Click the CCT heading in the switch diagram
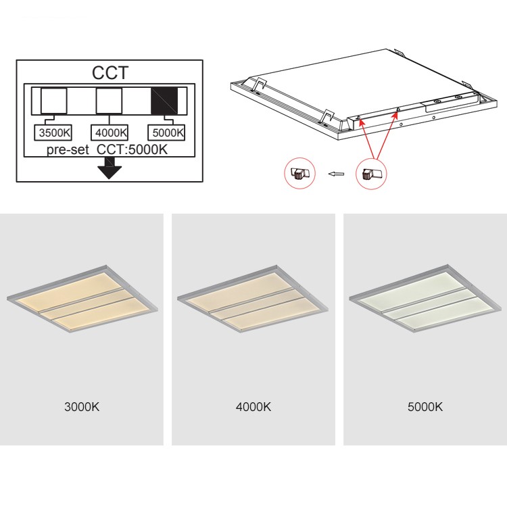[110, 73]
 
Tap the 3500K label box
[53, 132]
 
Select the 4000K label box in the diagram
[110, 132]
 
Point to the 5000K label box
[166, 132]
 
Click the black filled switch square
[164, 101]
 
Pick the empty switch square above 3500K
[53, 101]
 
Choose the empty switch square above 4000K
[109, 101]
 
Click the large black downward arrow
[110, 168]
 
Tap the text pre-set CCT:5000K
[107, 149]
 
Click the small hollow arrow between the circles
[336, 174]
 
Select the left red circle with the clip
[299, 173]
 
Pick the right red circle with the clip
[371, 173]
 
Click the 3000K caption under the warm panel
[82, 407]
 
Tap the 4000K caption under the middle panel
[254, 407]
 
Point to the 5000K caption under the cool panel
[425, 407]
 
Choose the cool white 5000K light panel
[425, 299]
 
